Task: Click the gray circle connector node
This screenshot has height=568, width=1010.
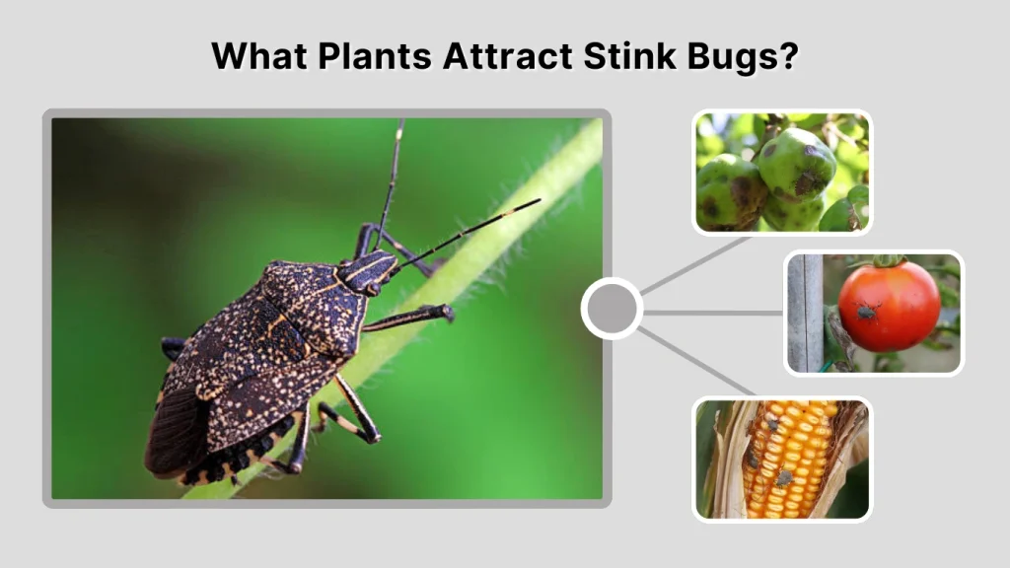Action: point(612,310)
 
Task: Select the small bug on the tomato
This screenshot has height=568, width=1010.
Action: point(867,312)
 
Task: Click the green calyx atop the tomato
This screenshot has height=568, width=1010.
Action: point(889,261)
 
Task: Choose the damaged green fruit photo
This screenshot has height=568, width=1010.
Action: point(781,173)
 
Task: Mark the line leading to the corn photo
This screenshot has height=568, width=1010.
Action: point(695,364)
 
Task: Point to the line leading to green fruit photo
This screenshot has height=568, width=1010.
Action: point(695,264)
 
